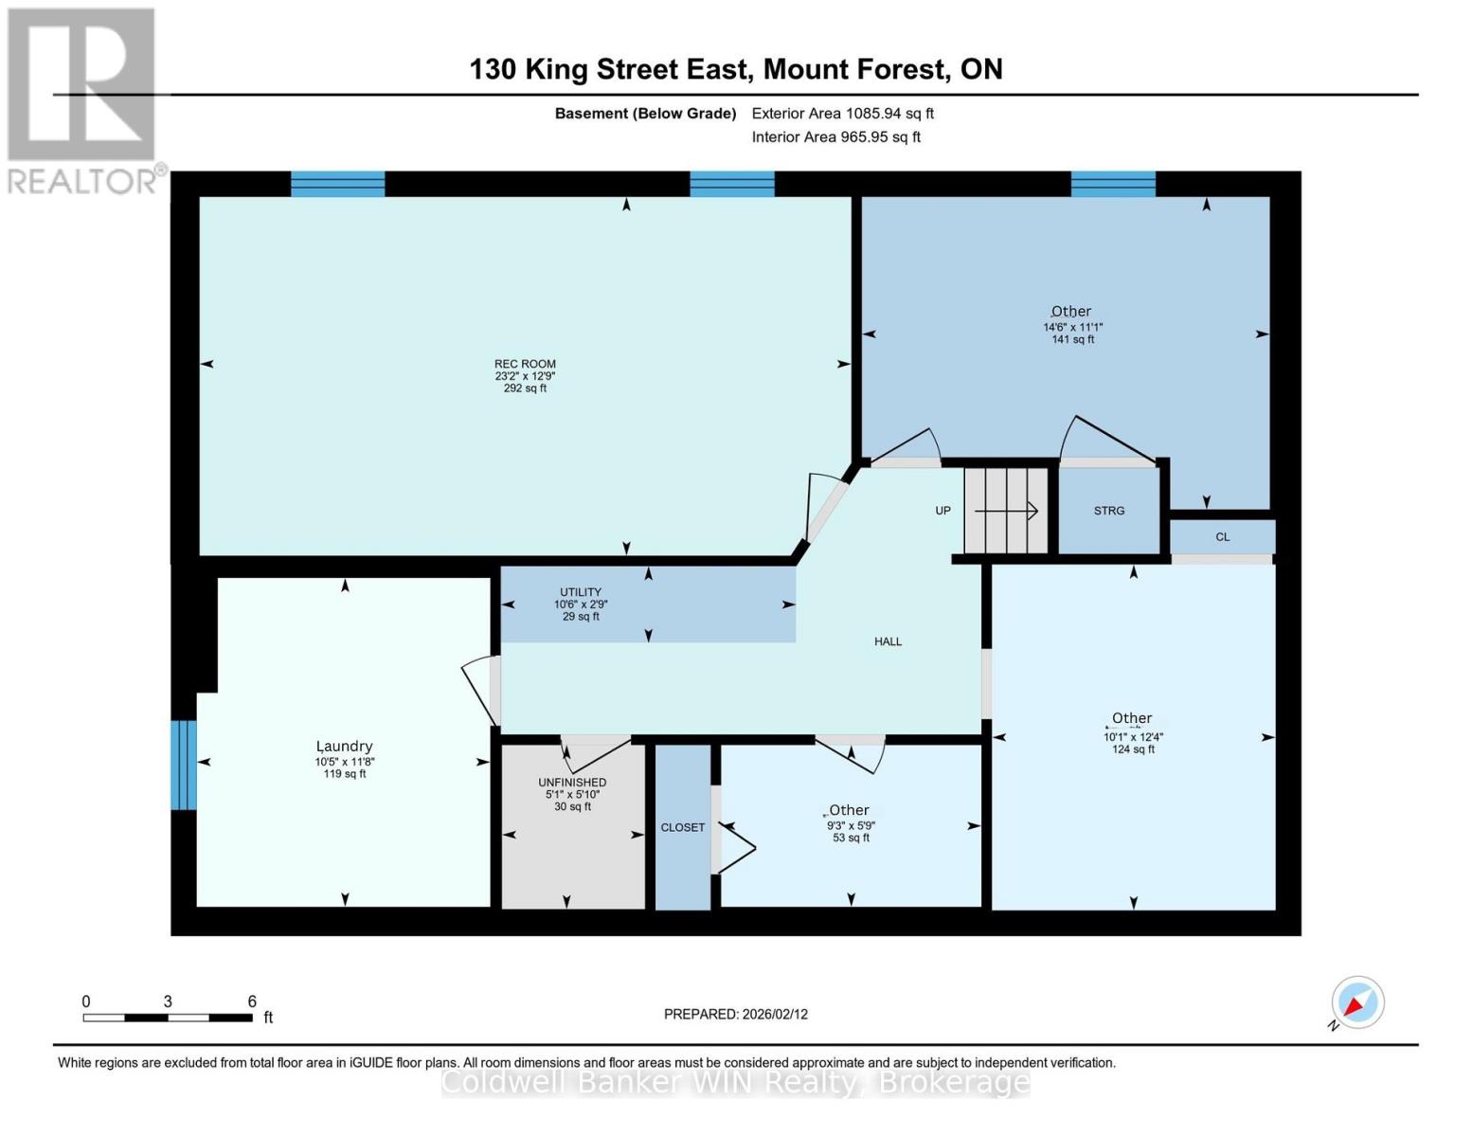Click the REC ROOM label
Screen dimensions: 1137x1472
(x=525, y=364)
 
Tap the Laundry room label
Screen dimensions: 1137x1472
(x=344, y=747)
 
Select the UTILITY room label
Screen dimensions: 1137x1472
(x=581, y=592)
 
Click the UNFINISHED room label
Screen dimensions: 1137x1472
(x=572, y=783)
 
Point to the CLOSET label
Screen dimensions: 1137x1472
(x=682, y=827)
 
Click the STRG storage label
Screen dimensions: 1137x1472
(x=1109, y=511)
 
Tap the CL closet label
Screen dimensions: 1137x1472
(x=1222, y=537)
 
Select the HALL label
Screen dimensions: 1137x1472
(x=888, y=641)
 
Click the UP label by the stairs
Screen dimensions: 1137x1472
(x=942, y=511)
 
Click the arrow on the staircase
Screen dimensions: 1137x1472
(x=1007, y=512)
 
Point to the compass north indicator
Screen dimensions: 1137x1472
(x=1357, y=1002)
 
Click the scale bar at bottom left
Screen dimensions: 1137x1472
(x=168, y=1018)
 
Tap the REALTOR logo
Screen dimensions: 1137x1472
(x=81, y=99)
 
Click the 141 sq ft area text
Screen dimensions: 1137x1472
(x=1072, y=339)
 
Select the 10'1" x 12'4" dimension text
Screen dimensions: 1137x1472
(x=1133, y=736)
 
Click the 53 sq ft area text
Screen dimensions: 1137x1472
(x=851, y=838)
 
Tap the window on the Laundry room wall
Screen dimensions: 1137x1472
(x=184, y=765)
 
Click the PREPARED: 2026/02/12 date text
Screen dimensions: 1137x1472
(x=735, y=1014)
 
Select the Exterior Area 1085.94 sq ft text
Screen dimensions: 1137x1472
(x=842, y=114)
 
